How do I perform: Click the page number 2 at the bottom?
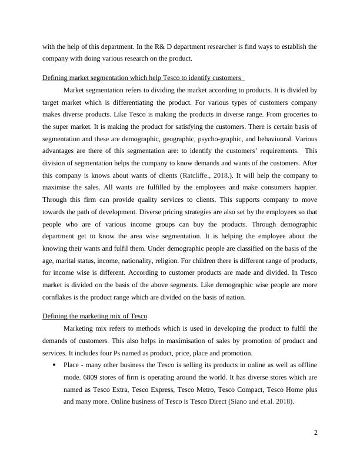pyautogui.click(x=315, y=433)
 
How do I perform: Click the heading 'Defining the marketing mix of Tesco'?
pyautogui.click(x=95, y=317)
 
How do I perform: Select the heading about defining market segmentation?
pyautogui.click(x=142, y=78)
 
